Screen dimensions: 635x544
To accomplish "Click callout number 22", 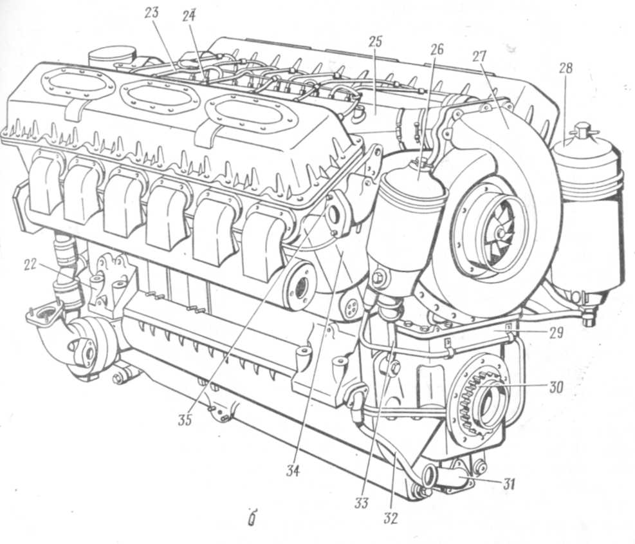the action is (30, 265).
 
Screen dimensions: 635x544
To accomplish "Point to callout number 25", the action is (376, 41).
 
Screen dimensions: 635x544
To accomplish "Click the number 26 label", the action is (436, 49).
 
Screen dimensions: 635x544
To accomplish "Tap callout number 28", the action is (566, 68).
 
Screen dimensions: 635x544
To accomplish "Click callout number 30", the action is (556, 387).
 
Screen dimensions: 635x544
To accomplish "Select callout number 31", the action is (509, 483).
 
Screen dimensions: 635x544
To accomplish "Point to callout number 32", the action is (391, 518).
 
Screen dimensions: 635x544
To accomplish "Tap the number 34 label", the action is (292, 471).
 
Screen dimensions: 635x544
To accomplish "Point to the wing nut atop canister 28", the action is (583, 131).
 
